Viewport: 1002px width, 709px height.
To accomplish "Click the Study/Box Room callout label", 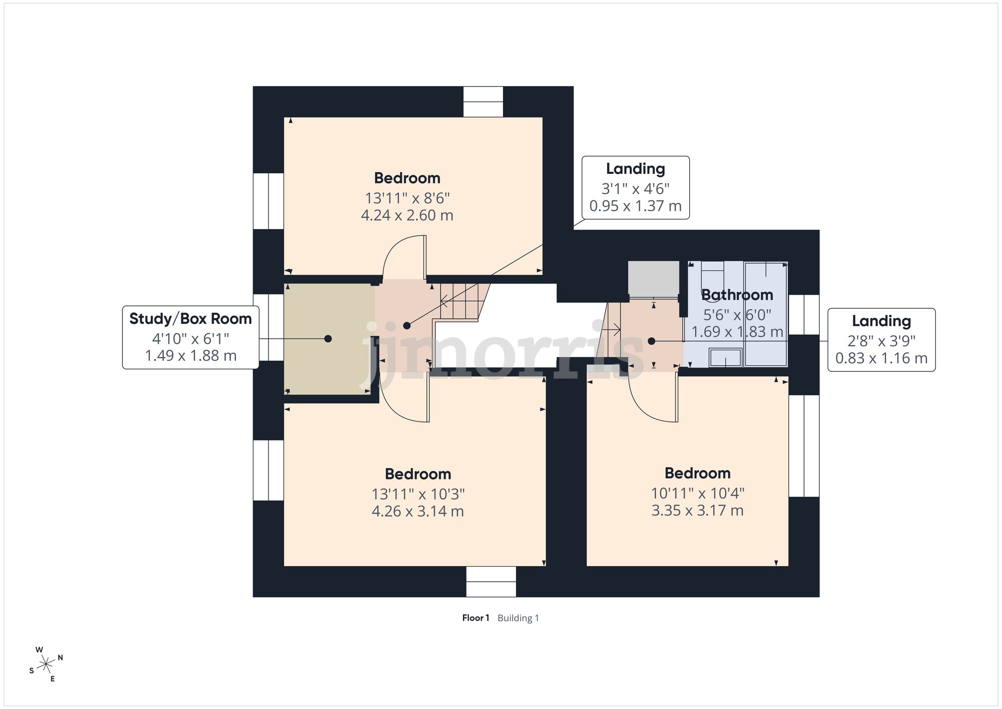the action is point(190,338).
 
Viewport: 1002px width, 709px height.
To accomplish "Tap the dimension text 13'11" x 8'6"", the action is point(407,198).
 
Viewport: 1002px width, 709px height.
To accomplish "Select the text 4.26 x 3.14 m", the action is point(418,511).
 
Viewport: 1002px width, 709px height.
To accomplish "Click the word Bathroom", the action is point(737,295).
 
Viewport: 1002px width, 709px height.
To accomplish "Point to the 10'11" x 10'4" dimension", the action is point(697,493).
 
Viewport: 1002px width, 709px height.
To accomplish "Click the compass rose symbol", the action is point(46,664).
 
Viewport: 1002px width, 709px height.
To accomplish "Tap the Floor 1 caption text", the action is point(475,618).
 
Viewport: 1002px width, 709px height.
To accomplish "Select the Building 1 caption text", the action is point(518,618).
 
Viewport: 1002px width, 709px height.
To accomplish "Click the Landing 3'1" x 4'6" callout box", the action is point(635,187).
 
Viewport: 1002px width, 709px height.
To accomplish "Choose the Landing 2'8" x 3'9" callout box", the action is point(881,340).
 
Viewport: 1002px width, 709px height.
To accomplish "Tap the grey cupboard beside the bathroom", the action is point(653,279).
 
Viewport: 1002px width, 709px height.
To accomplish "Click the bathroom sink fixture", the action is point(725,358).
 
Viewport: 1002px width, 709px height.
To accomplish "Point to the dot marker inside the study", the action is point(328,339).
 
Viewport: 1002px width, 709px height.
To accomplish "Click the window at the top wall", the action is point(483,102).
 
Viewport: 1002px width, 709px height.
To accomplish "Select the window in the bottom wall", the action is point(491,582).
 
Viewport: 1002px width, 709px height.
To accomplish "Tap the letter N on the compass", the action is point(60,657).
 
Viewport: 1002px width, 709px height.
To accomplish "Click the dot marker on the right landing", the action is point(651,341).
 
